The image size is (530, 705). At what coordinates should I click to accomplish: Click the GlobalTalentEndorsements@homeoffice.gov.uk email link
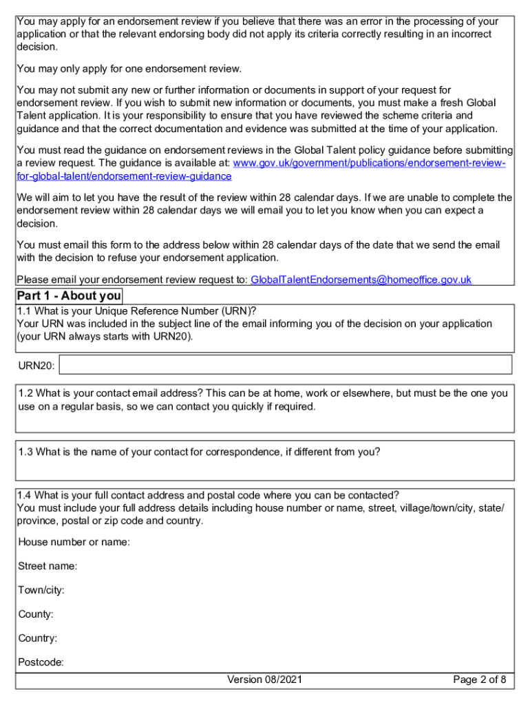coord(361,280)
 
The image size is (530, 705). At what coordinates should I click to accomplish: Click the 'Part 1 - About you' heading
coord(69,297)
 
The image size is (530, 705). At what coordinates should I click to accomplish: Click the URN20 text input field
coord(286,365)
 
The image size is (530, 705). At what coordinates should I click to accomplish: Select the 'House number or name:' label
coord(74,543)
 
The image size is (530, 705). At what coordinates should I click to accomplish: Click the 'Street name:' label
coord(47,567)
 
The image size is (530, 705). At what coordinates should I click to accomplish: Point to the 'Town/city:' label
coord(41,591)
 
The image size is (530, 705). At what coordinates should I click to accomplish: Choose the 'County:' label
coord(36,614)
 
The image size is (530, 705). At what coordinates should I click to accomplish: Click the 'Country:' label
coord(38,638)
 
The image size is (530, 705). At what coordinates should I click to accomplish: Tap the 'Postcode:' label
coord(41,662)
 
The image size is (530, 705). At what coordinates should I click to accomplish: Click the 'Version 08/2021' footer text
coord(265,680)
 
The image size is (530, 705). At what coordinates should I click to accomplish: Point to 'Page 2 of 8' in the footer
coord(480,680)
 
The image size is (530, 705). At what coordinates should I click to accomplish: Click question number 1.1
coord(25,311)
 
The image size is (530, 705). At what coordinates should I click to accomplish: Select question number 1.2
coord(26,394)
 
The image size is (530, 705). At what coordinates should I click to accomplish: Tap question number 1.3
coord(26,452)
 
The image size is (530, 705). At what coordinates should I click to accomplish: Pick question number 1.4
coord(25,495)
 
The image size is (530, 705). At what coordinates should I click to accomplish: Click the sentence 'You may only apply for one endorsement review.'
coord(129,69)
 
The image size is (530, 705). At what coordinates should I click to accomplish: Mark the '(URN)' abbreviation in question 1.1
coord(230,311)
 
